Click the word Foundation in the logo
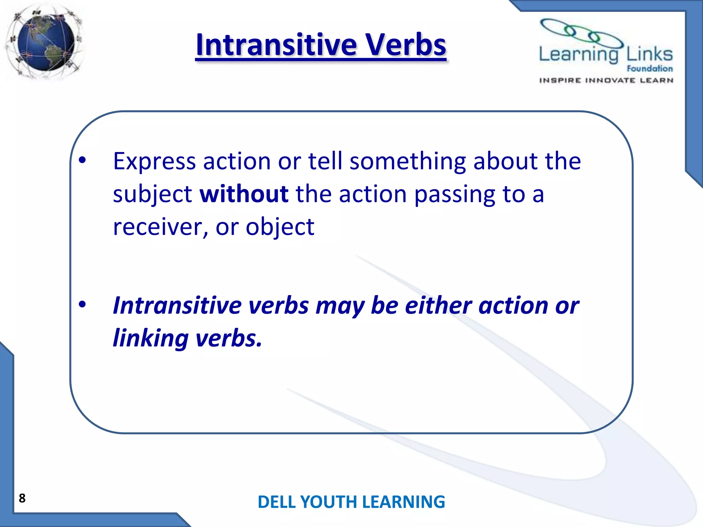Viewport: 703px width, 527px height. click(649, 69)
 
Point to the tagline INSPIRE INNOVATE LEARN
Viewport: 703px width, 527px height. click(606, 80)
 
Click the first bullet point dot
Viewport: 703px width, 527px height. click(82, 160)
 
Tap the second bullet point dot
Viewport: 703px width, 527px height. click(82, 304)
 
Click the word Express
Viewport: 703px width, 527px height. click(154, 161)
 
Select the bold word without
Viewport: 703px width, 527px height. click(244, 194)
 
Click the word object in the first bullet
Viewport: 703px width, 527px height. click(280, 227)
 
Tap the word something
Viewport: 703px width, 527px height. click(407, 161)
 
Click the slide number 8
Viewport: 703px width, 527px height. click(22, 498)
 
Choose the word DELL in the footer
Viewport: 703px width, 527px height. click(276, 502)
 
